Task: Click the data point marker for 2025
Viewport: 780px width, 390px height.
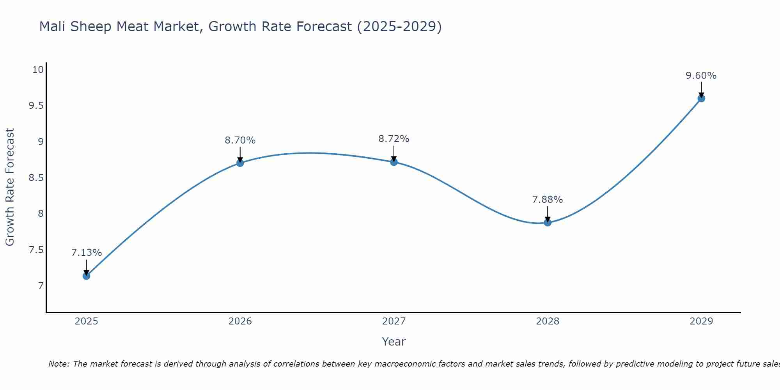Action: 87,276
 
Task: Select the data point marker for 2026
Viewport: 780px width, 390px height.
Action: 240,163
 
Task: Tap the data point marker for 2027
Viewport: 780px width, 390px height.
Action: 394,162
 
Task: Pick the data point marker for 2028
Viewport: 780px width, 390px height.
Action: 548,223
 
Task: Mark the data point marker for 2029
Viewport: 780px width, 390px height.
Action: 701,98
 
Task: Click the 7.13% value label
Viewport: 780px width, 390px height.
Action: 87,253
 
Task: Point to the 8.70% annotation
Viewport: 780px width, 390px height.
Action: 240,140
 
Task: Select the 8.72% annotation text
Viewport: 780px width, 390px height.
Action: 394,139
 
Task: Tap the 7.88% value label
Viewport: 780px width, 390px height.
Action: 548,200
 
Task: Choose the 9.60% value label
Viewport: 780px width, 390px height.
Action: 701,76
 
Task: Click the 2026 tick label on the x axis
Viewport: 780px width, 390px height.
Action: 240,321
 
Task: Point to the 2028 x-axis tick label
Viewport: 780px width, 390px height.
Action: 548,321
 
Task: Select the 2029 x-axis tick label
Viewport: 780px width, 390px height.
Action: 701,321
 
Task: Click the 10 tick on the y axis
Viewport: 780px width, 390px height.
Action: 37,70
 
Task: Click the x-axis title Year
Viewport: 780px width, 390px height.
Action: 394,342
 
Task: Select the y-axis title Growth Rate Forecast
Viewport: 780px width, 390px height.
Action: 10,187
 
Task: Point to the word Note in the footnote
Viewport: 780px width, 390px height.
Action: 58,364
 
